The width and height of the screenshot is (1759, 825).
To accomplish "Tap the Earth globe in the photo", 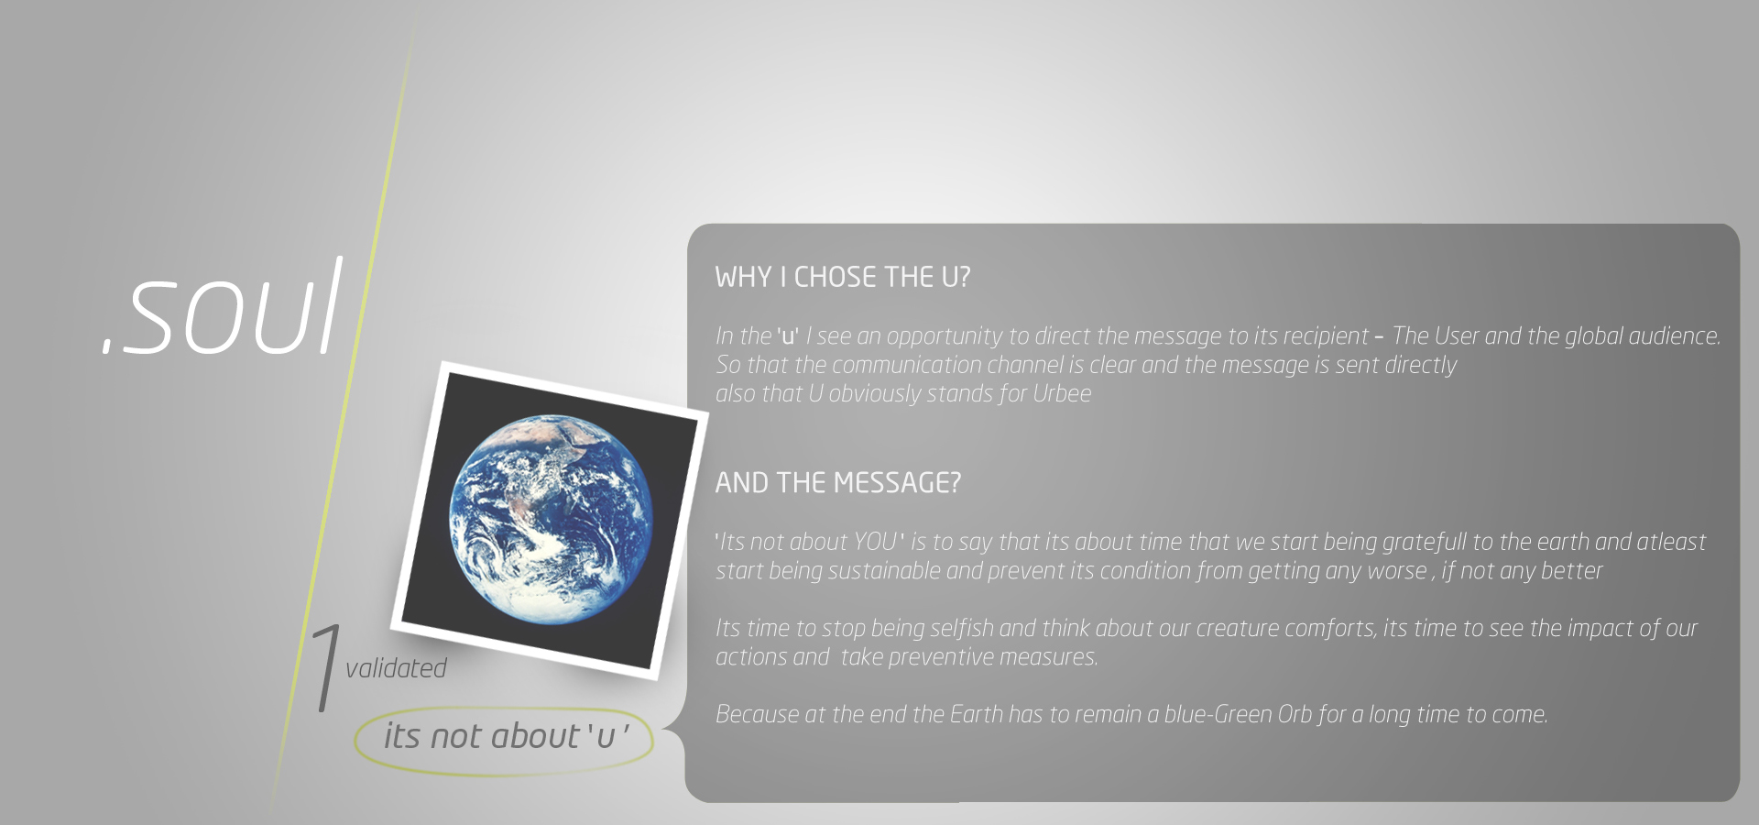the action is (x=552, y=519).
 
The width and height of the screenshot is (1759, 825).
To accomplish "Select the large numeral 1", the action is (x=325, y=667).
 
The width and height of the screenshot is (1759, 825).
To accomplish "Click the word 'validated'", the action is (x=396, y=668).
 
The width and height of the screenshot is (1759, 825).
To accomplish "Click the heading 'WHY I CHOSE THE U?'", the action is (x=842, y=277).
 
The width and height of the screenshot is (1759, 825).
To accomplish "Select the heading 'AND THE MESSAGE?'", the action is (x=837, y=482).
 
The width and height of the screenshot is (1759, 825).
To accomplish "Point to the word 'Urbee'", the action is (x=1062, y=393).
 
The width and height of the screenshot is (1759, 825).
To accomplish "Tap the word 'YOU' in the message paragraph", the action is (x=875, y=542).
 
